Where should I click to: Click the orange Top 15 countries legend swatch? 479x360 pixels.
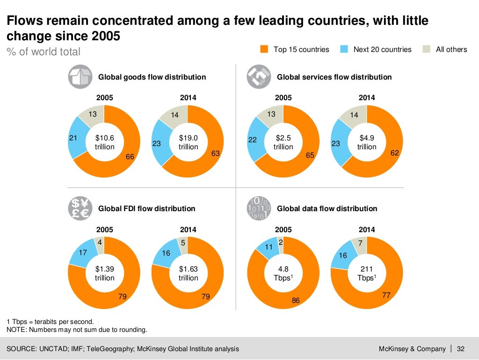pyautogui.click(x=264, y=49)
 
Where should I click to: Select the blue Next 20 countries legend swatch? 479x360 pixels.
pyautogui.click(x=344, y=49)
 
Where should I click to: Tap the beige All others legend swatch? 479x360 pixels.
pyautogui.click(x=426, y=49)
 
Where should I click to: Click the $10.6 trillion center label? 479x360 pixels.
pyautogui.click(x=104, y=142)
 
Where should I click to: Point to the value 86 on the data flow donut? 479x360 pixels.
pyautogui.click(x=296, y=301)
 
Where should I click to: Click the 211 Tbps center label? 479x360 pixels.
pyautogui.click(x=367, y=274)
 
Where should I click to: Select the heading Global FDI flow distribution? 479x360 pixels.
pyautogui.click(x=146, y=208)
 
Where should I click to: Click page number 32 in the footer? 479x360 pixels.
pyautogui.click(x=460, y=349)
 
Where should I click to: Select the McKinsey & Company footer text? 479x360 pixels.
pyautogui.click(x=412, y=349)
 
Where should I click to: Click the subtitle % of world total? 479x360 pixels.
pyautogui.click(x=43, y=52)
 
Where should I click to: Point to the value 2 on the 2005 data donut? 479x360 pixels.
pyautogui.click(x=281, y=242)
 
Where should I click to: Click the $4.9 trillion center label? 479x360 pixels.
pyautogui.click(x=367, y=142)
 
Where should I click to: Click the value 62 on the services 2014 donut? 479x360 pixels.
pyautogui.click(x=394, y=153)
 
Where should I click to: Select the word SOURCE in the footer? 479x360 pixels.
pyautogui.click(x=22, y=349)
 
